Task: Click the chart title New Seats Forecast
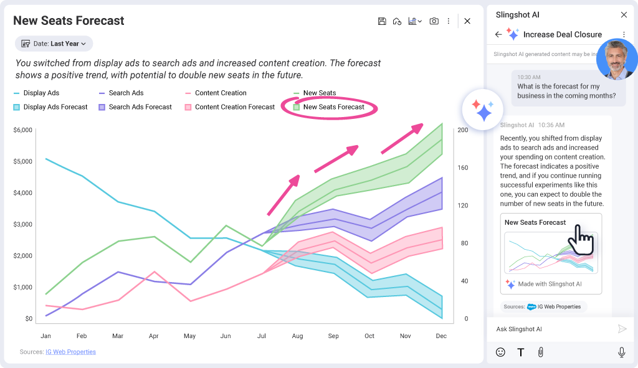(69, 21)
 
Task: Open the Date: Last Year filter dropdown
(54, 44)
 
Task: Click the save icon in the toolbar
(382, 21)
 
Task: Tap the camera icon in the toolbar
(434, 21)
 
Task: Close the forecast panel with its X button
(467, 21)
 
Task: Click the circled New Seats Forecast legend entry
(333, 107)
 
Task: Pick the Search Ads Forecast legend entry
(140, 107)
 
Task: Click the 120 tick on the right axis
(462, 205)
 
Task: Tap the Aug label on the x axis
(297, 336)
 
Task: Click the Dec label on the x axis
(441, 336)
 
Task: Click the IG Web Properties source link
(70, 352)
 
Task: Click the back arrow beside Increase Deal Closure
(498, 34)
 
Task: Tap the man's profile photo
(616, 60)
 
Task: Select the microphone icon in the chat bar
(621, 352)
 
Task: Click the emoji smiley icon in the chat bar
(500, 352)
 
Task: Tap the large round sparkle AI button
(483, 108)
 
